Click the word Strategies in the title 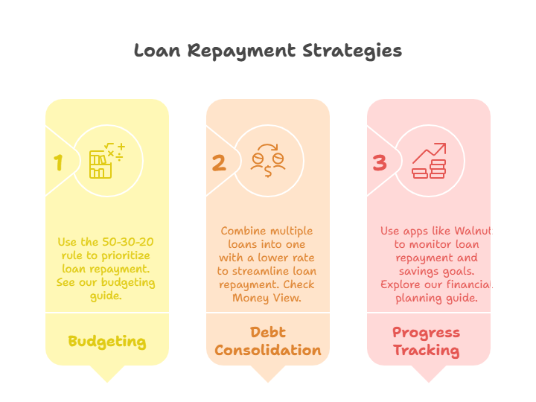click(x=352, y=51)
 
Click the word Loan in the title click(x=157, y=51)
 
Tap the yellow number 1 click(x=59, y=162)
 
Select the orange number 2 click(x=219, y=163)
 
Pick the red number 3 click(x=380, y=163)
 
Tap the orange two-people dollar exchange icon click(x=268, y=161)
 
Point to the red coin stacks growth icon click(x=429, y=161)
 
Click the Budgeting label click(x=107, y=342)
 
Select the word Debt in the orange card click(x=268, y=332)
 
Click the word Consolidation click(x=268, y=350)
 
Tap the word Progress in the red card click(x=427, y=333)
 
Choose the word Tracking click(x=427, y=351)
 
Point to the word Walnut click(x=473, y=231)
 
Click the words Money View click(x=267, y=298)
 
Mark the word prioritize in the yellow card click(x=126, y=256)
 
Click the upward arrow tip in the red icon click(x=445, y=144)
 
